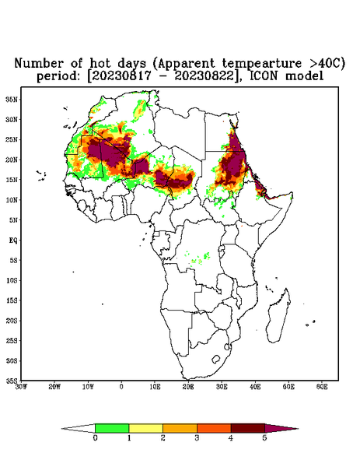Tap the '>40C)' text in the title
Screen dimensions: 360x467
[x=326, y=64]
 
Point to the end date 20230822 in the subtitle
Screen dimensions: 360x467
[x=204, y=76]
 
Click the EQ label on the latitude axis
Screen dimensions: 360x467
[x=13, y=240]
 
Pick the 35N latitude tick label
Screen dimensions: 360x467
[x=12, y=100]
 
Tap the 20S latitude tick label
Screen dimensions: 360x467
[x=12, y=321]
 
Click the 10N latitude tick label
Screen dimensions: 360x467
[x=12, y=200]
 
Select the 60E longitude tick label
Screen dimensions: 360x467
[x=322, y=387]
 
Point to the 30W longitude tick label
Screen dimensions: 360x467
[x=21, y=387]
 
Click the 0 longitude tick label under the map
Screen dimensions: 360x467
[x=121, y=387]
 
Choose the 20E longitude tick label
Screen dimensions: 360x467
[x=188, y=387]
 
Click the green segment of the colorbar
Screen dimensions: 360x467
[x=112, y=428]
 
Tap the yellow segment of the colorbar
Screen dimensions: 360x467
[x=145, y=428]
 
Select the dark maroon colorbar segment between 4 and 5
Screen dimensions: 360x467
[x=248, y=428]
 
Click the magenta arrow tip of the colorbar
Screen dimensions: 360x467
[x=281, y=428]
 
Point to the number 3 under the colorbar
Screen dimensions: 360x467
[x=197, y=438]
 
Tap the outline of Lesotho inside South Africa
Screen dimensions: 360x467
[x=216, y=359]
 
